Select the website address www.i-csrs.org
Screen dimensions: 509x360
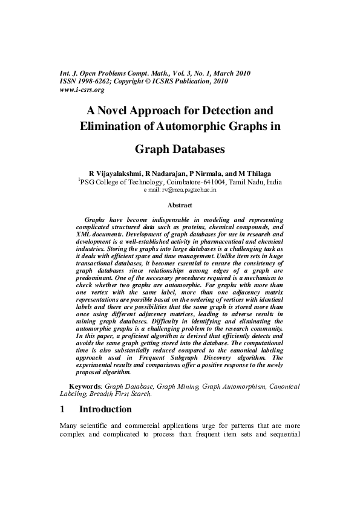82,89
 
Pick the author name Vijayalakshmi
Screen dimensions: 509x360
119,174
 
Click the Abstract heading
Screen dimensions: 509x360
180,206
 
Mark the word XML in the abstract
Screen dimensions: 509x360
83,233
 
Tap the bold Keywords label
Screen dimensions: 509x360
85,385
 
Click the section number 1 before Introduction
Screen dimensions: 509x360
63,409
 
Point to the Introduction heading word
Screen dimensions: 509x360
105,409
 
